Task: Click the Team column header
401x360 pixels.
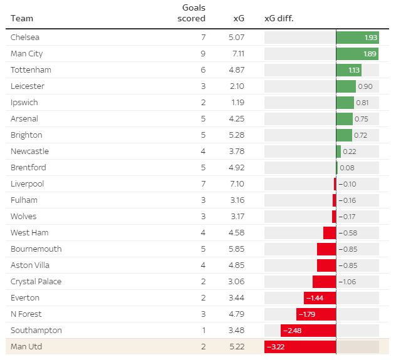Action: pos(22,18)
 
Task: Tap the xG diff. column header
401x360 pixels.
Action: pos(279,18)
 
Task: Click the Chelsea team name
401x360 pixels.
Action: pos(26,38)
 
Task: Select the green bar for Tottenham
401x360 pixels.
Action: pos(348,70)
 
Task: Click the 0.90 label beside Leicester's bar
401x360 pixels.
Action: pos(365,86)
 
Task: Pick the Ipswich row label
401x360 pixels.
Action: pos(24,103)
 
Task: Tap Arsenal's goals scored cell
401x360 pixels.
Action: pos(202,119)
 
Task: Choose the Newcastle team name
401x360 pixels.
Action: pos(29,152)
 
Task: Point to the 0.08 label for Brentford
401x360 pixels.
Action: pos(347,168)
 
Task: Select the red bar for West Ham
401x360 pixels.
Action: pos(330,233)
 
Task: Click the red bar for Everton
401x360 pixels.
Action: pos(320,298)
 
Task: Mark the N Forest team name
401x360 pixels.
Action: pos(26,314)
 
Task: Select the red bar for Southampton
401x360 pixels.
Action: pos(308,331)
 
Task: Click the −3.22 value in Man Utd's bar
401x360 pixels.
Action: pos(276,347)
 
